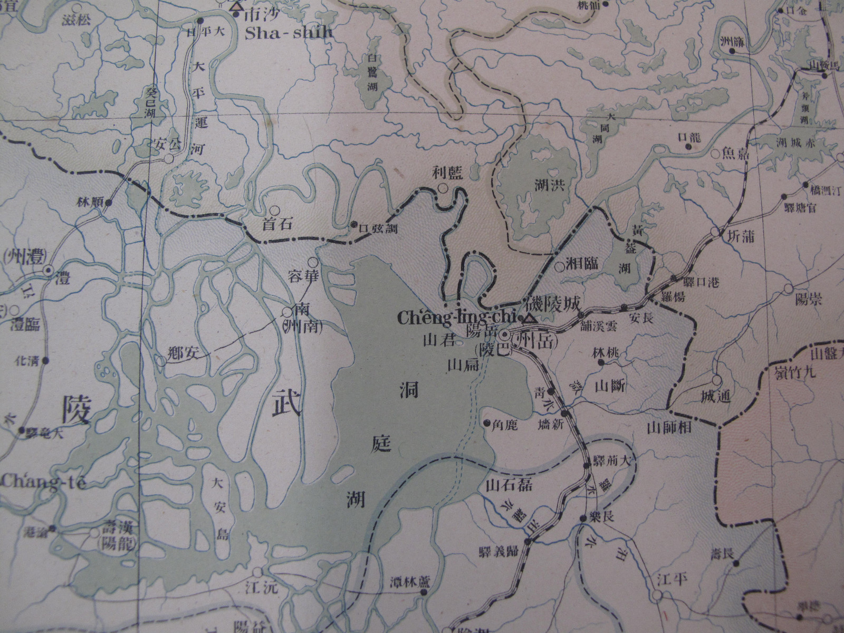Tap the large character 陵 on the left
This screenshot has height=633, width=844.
(x=78, y=408)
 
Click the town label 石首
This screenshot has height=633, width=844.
(x=276, y=224)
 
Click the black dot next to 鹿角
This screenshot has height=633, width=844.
(x=486, y=423)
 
